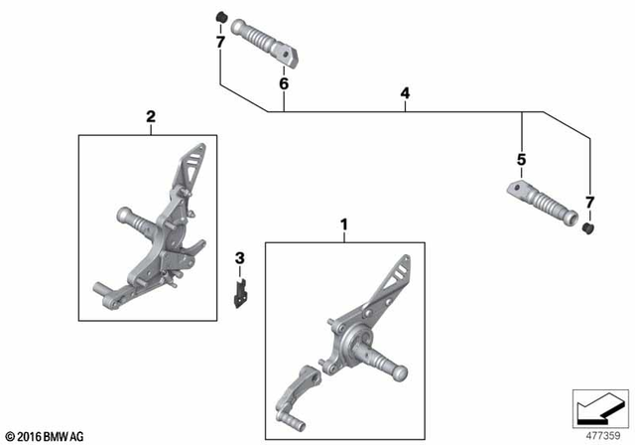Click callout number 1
coord(344,224)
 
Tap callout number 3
coord(238,260)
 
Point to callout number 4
coord(405,93)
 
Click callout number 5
coord(520,159)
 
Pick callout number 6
coord(284,84)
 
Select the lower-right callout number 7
coord(589,203)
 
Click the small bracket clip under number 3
coord(240,293)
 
